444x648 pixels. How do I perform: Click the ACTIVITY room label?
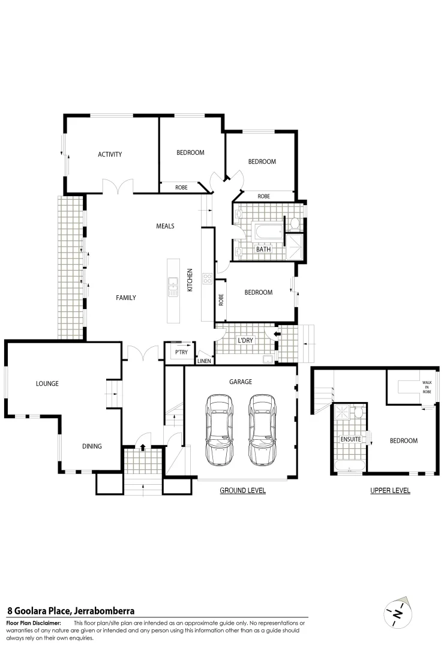click(x=110, y=154)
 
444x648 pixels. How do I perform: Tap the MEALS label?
click(x=165, y=226)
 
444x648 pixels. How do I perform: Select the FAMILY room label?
click(x=126, y=298)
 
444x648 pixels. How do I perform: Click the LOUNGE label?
click(x=47, y=383)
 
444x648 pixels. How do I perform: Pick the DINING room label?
click(x=92, y=446)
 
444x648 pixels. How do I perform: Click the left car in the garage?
click(x=219, y=430)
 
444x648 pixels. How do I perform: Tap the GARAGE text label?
click(x=241, y=382)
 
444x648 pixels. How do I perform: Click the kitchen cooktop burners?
click(x=208, y=278)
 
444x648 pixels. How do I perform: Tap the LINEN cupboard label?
click(x=204, y=361)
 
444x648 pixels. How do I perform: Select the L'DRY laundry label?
click(x=245, y=340)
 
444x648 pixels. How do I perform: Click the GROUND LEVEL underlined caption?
click(x=242, y=490)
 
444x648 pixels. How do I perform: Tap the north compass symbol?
click(x=398, y=613)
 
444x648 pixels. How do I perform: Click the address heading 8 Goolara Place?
click(x=70, y=611)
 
